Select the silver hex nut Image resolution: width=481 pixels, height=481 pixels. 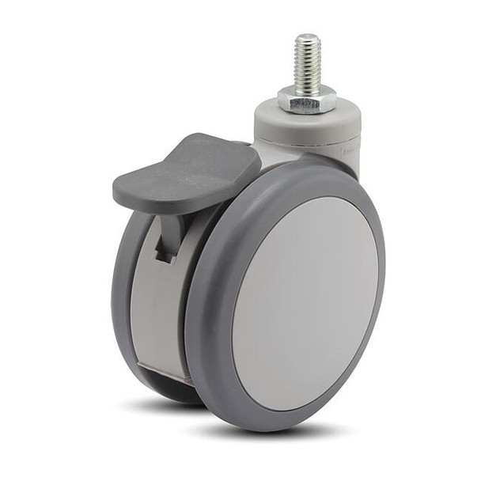tap(305, 101)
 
